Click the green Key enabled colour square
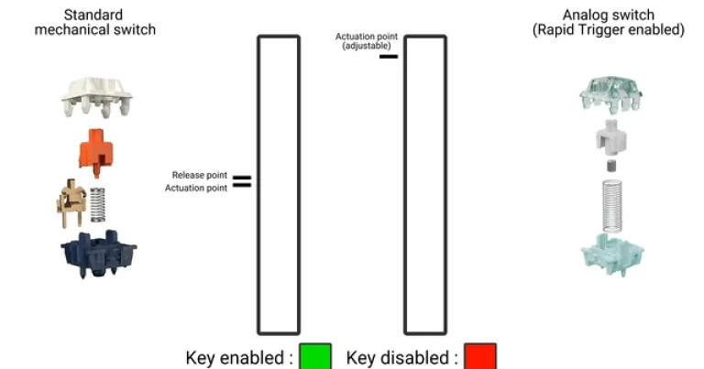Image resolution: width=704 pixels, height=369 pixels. click(x=315, y=356)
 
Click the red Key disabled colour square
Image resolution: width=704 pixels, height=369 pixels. click(x=479, y=356)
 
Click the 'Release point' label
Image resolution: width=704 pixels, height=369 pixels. click(x=199, y=174)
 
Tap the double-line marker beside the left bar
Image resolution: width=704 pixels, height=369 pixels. click(x=242, y=181)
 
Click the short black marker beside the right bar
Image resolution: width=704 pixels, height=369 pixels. click(x=389, y=56)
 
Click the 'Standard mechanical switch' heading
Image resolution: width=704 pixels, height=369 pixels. click(x=95, y=22)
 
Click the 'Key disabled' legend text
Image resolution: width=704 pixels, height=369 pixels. click(x=401, y=357)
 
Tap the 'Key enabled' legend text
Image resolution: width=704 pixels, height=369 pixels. click(x=239, y=357)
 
